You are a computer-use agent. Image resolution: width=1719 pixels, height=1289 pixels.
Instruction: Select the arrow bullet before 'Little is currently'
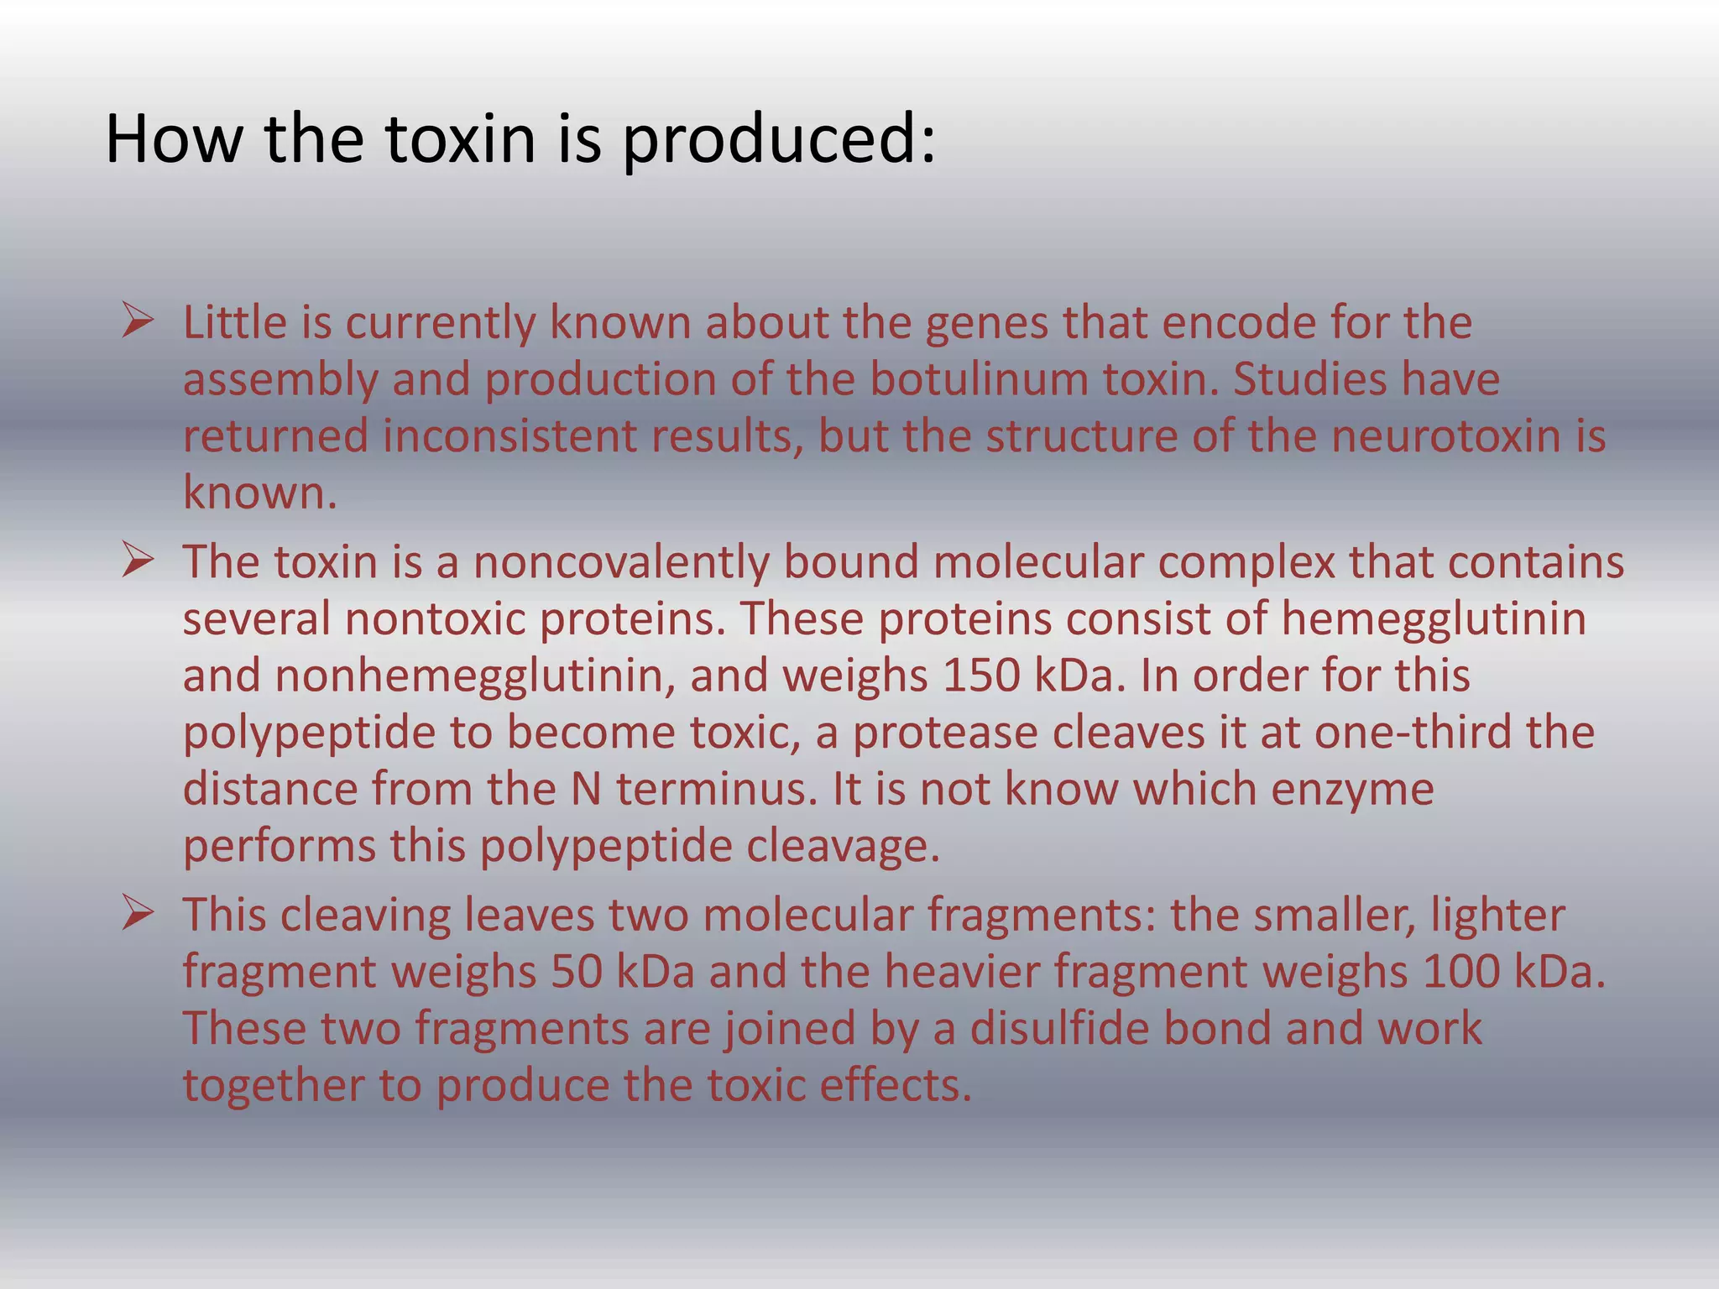point(137,321)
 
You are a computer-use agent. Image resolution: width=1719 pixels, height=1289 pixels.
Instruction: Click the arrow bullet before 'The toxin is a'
point(137,560)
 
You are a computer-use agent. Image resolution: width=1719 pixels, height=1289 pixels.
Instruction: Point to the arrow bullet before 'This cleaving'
point(137,913)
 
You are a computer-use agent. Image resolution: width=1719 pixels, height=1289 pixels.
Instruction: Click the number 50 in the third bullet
point(577,972)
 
